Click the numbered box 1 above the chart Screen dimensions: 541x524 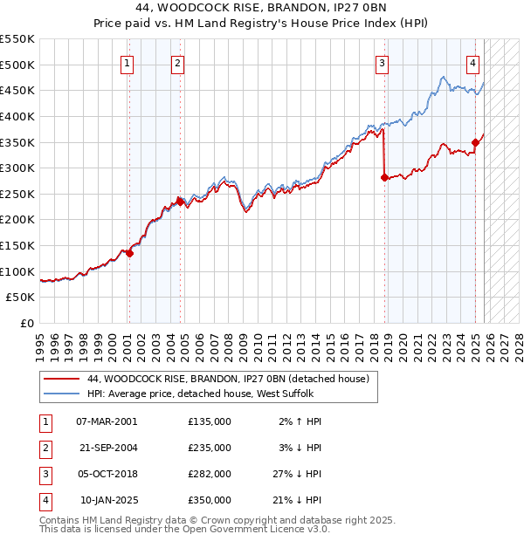coord(128,63)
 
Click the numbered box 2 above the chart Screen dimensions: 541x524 coord(178,63)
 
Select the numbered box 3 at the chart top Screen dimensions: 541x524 coord(382,63)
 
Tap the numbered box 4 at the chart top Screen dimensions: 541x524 coord(472,63)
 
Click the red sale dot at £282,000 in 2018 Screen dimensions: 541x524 coord(384,177)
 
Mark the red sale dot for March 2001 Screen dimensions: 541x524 coord(129,253)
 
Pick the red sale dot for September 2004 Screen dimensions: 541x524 coord(180,202)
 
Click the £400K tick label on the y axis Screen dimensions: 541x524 coord(17,116)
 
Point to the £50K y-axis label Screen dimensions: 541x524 coord(21,298)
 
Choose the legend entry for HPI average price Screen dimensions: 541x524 coord(206,394)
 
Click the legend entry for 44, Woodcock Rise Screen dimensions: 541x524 coord(229,379)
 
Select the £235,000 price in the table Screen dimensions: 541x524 coord(210,447)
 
